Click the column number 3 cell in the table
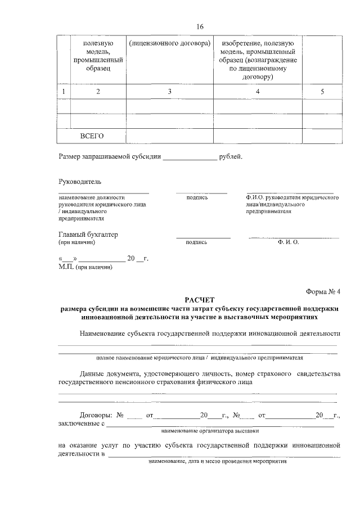pos(169,92)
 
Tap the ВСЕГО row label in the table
pos(93,136)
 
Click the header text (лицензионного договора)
pos(169,43)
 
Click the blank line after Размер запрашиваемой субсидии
pos(190,157)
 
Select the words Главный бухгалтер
pos(88,235)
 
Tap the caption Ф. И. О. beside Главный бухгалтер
pos(287,242)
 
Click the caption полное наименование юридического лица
pos(150,357)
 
